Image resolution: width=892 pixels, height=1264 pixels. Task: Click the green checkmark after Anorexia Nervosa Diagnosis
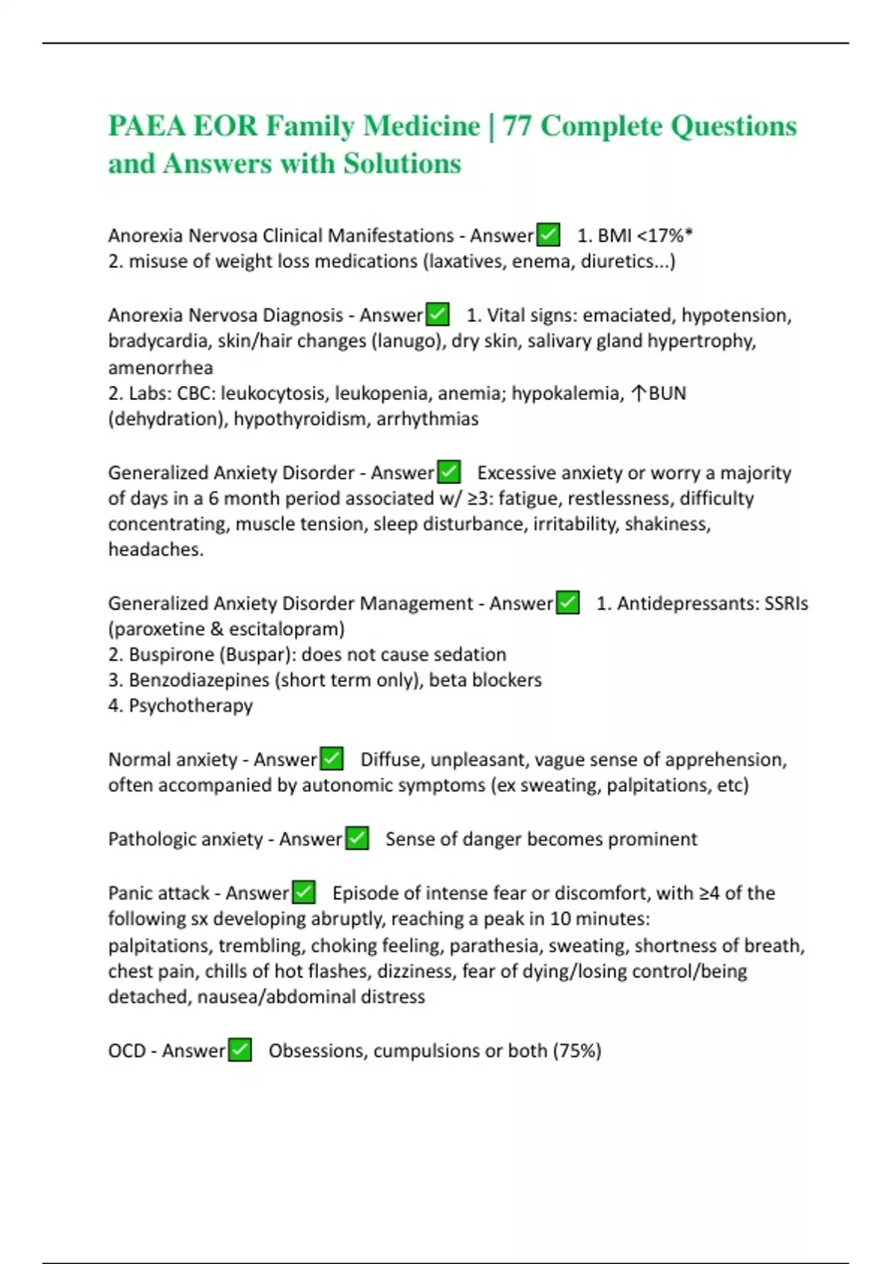[438, 315]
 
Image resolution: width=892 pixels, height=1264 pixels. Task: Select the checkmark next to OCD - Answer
[239, 1050]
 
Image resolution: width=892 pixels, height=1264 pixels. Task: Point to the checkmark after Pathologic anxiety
[357, 839]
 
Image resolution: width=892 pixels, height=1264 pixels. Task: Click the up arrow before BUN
[638, 393]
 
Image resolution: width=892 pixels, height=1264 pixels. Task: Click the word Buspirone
[170, 654]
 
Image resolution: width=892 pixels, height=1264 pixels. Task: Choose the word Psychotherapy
[190, 706]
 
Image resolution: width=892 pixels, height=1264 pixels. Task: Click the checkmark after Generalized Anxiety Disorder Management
[568, 603]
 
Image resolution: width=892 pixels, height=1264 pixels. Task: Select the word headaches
[155, 549]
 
